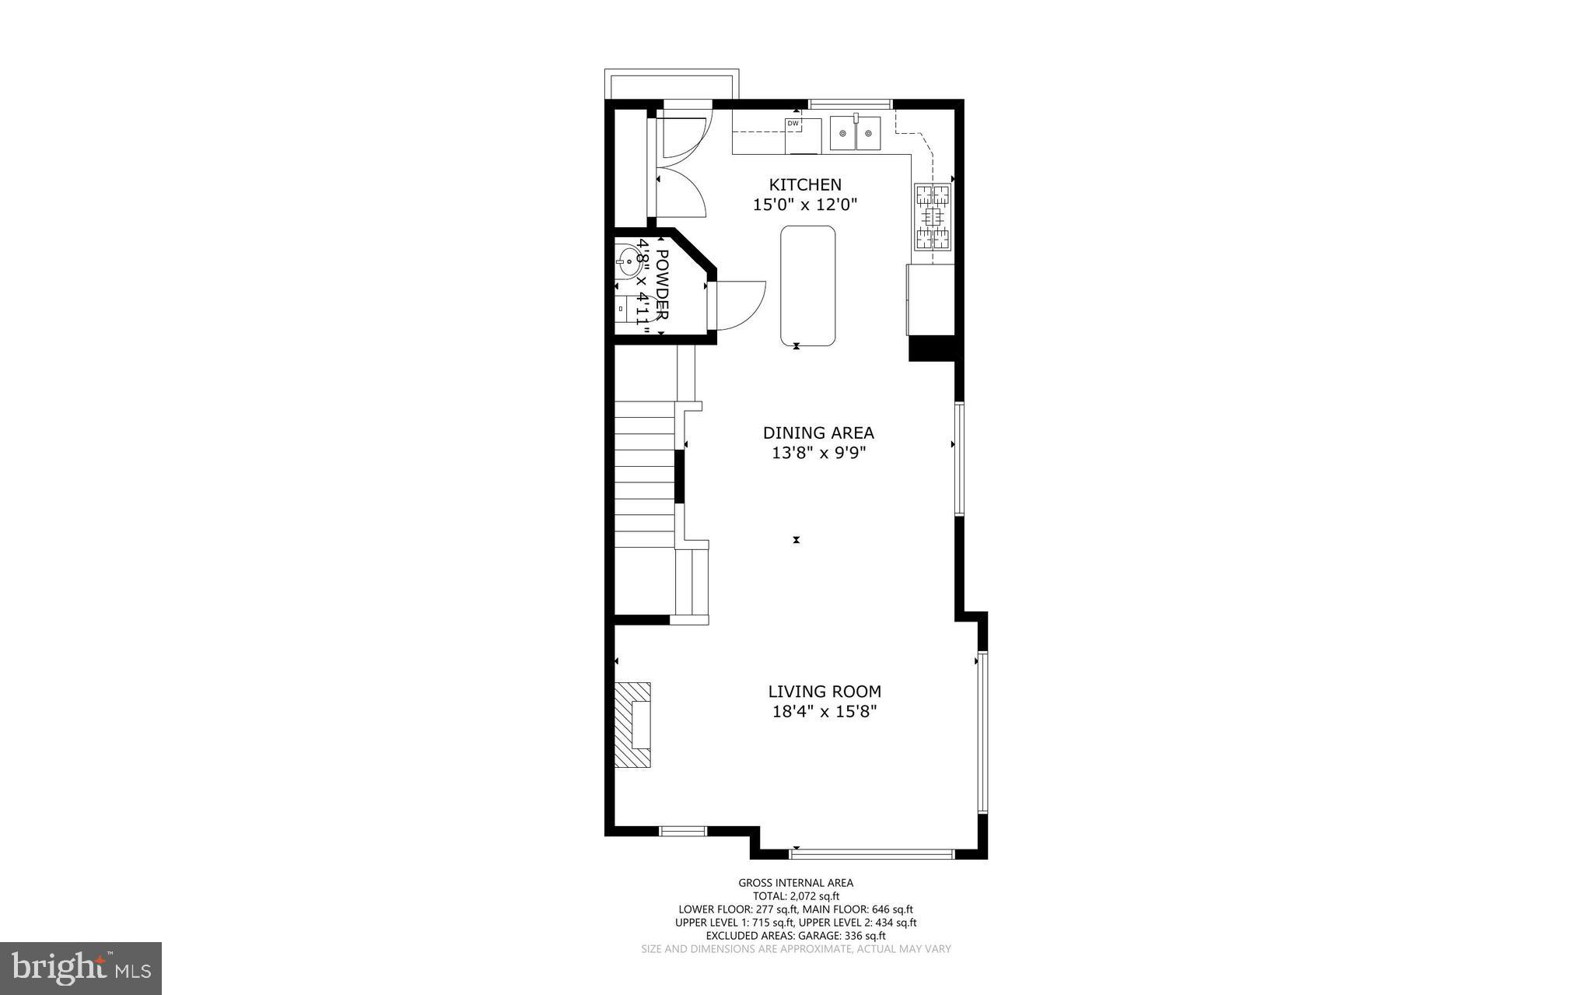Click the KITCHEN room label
pyautogui.click(x=805, y=184)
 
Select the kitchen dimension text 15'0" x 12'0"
pyautogui.click(x=804, y=205)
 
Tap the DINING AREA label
pyautogui.click(x=818, y=433)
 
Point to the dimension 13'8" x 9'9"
pyautogui.click(x=818, y=453)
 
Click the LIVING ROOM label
pyautogui.click(x=825, y=691)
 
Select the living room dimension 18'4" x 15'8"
pyautogui.click(x=825, y=711)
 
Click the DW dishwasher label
pyautogui.click(x=793, y=124)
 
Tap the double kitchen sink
pyautogui.click(x=855, y=133)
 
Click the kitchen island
pyautogui.click(x=807, y=286)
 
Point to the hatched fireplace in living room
pyautogui.click(x=632, y=725)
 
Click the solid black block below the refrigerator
pyautogui.click(x=931, y=348)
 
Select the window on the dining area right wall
pyautogui.click(x=959, y=458)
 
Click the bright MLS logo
pyautogui.click(x=81, y=968)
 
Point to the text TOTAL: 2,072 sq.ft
pyautogui.click(x=795, y=895)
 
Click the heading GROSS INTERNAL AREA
pyautogui.click(x=795, y=882)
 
